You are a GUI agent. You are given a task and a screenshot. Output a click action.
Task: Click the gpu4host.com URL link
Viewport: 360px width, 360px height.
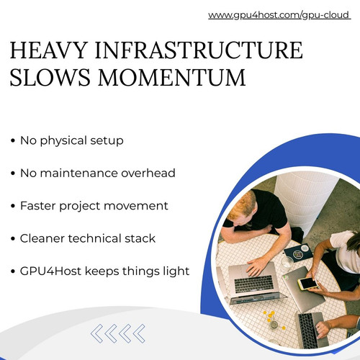tap(279, 15)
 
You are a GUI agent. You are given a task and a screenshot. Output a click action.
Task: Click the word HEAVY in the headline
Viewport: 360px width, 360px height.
tap(48, 50)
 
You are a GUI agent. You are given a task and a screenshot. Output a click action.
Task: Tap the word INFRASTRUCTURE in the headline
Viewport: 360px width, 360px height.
tap(199, 50)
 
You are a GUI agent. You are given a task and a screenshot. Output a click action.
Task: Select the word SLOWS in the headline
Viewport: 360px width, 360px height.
tap(50, 77)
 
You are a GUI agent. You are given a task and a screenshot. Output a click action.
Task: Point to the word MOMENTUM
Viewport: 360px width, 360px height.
tap(172, 77)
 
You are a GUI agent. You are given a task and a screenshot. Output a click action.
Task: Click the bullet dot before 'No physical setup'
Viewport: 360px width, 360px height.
tap(13, 140)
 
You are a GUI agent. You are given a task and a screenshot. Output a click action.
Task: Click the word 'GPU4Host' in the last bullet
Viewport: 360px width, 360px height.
tap(50, 271)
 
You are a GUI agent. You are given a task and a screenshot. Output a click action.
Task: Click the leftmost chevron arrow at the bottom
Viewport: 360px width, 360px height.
tap(97, 333)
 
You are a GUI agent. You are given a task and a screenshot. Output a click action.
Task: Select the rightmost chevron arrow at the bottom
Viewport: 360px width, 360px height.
tap(139, 333)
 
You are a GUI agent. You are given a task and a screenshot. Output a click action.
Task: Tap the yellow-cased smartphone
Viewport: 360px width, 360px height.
tap(308, 283)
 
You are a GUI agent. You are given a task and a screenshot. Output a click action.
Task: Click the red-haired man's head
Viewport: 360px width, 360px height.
tap(241, 207)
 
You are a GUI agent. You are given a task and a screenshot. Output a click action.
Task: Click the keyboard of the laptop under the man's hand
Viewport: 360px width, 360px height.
tap(254, 284)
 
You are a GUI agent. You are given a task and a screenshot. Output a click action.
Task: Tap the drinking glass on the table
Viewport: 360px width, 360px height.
tap(287, 264)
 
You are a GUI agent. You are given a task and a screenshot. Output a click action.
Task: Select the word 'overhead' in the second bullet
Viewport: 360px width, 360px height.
tap(148, 173)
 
